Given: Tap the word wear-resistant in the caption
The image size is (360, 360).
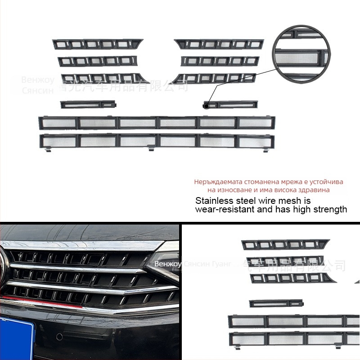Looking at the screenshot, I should pyautogui.click(x=225, y=209).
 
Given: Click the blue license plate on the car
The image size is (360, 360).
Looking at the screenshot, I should pyautogui.click(x=16, y=337).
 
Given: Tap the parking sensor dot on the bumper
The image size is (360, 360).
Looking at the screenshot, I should pyautogui.click(x=58, y=337).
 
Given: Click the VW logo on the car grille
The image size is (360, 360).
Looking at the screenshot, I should pyautogui.click(x=4, y=270).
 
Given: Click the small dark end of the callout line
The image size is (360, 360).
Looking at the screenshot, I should pyautogui.click(x=206, y=106).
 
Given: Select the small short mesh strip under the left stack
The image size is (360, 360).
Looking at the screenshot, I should pyautogui.click(x=88, y=105).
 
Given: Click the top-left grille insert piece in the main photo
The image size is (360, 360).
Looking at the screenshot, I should pyautogui.click(x=97, y=44).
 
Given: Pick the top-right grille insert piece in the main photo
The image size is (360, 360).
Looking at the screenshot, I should pyautogui.click(x=219, y=44).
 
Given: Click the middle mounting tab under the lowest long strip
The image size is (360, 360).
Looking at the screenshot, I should pyautogui.click(x=151, y=149).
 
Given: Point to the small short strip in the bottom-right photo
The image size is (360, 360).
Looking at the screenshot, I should pyautogui.click(x=275, y=303).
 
